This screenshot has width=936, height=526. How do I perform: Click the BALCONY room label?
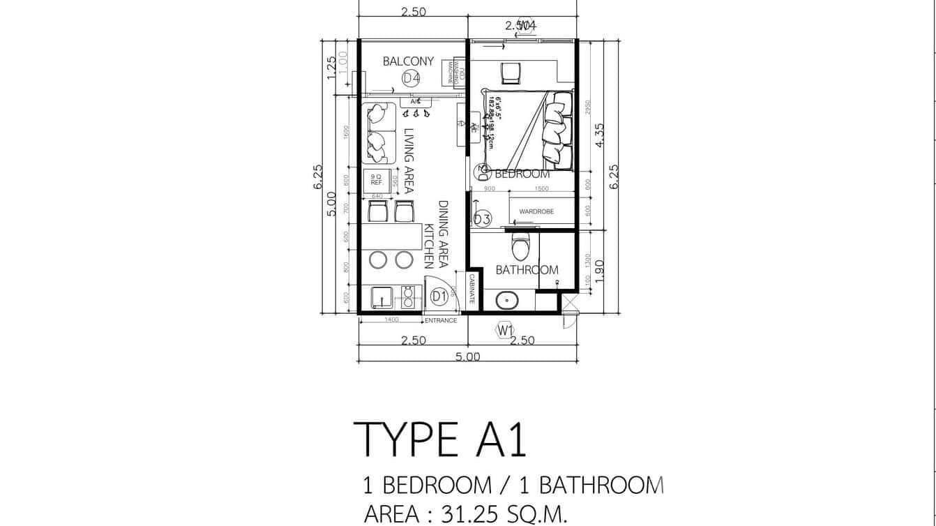[408, 61]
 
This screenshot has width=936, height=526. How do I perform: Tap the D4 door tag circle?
[411, 78]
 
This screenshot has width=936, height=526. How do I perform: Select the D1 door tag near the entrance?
[438, 297]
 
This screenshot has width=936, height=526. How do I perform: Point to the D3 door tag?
[482, 219]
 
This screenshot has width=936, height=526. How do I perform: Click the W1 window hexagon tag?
[506, 329]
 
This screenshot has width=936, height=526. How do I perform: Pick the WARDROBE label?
[536, 211]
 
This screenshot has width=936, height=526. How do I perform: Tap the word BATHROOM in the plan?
[527, 270]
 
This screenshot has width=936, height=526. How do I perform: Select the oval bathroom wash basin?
[507, 300]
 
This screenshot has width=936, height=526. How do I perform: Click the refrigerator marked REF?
[377, 181]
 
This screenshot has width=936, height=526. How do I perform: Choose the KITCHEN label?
[430, 246]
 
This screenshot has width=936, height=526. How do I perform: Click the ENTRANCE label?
[441, 321]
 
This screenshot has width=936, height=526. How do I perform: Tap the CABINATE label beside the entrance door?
[472, 287]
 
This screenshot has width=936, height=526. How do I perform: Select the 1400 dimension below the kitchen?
[391, 320]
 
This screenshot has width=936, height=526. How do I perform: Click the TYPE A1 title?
[440, 439]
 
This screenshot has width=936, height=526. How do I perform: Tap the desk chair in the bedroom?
[510, 73]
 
